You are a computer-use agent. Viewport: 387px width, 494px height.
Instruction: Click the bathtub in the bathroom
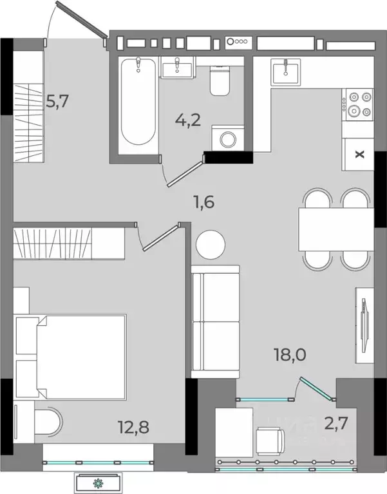(138, 102)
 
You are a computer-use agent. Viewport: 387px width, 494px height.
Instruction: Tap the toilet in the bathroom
(220, 81)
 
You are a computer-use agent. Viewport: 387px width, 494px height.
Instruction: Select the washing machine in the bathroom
(228, 138)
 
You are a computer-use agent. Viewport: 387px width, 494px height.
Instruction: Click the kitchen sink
(286, 72)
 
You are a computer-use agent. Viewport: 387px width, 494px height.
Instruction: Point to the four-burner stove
(359, 104)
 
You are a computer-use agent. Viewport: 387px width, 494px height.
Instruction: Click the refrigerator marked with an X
(359, 155)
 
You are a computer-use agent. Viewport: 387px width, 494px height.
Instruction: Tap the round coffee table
(211, 245)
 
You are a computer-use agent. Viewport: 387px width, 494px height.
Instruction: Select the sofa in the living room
(216, 321)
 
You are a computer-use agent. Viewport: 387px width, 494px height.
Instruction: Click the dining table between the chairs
(336, 229)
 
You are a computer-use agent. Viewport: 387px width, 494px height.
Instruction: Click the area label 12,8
(133, 427)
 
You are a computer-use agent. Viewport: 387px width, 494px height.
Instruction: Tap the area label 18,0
(290, 355)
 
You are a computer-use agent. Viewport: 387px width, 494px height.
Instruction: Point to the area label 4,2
(188, 120)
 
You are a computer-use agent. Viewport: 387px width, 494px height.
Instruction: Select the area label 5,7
(57, 102)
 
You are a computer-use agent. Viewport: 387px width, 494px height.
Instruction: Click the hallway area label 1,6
(204, 202)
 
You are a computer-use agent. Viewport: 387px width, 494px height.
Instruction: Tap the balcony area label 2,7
(336, 423)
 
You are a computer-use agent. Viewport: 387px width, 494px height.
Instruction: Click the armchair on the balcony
(270, 441)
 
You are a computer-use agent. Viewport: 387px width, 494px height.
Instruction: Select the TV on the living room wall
(364, 325)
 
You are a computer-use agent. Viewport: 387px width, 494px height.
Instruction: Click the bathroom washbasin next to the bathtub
(176, 68)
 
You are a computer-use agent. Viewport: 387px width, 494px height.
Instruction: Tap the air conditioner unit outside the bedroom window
(99, 482)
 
